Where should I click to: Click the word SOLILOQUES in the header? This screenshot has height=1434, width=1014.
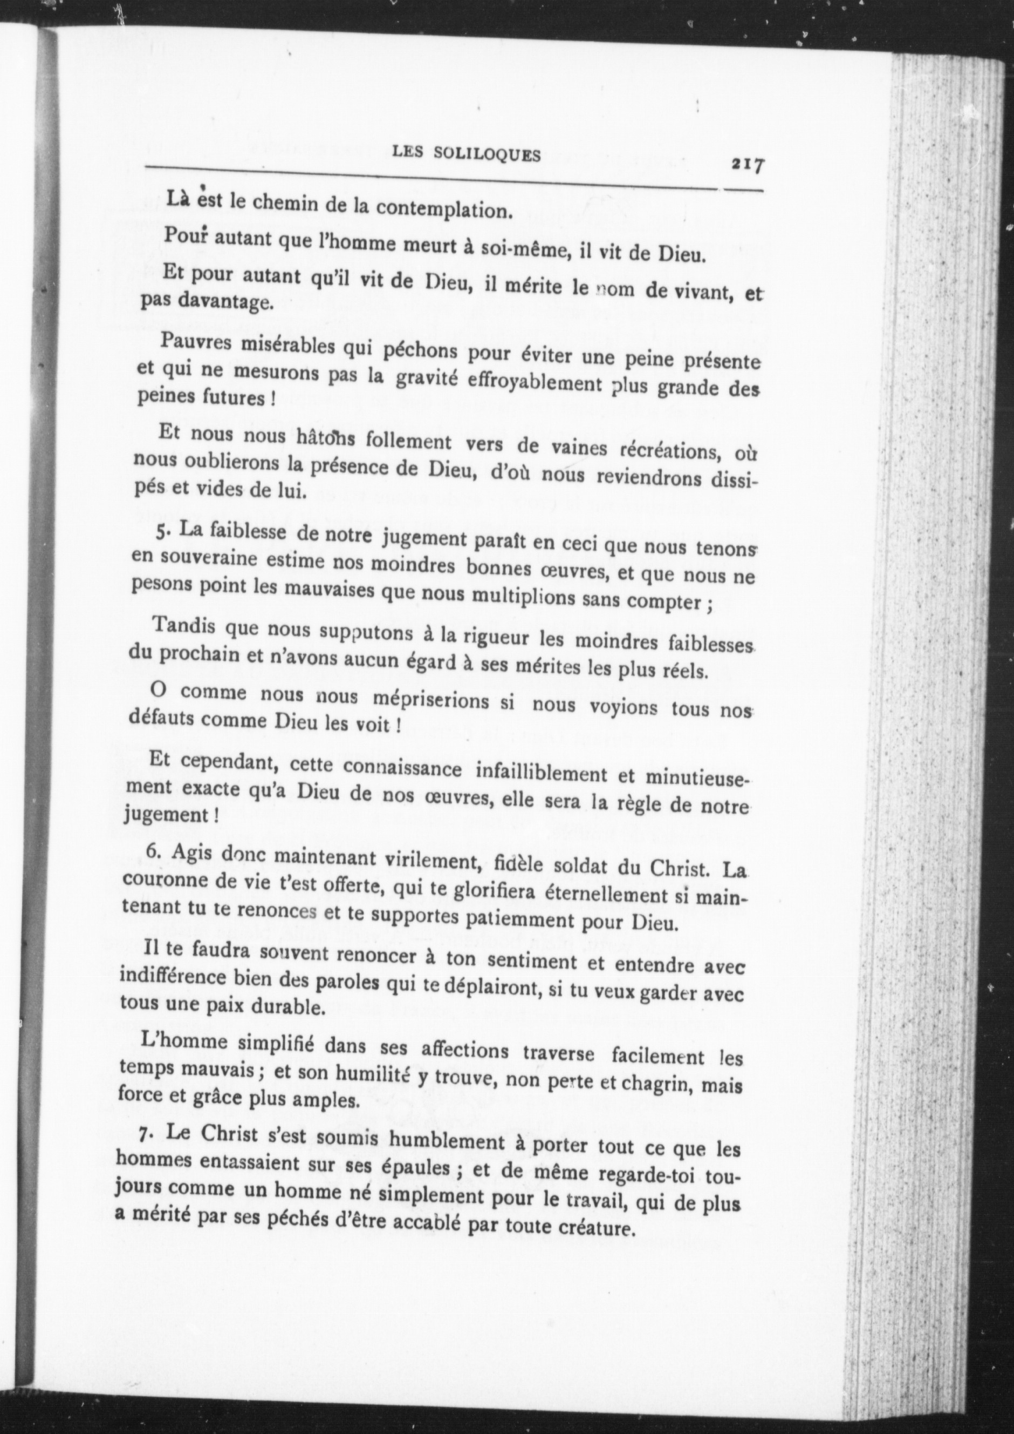tap(495, 156)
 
